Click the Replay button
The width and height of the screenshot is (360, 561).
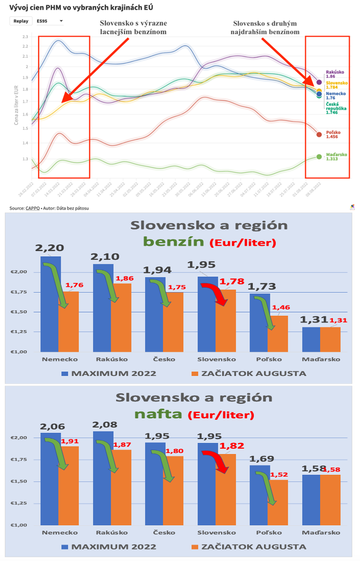[x=21, y=21]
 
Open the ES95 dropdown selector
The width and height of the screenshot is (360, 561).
[x=50, y=21]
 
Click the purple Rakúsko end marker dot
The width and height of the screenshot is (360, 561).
[x=319, y=82]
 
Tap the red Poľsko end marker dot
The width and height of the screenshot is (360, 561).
[x=319, y=134]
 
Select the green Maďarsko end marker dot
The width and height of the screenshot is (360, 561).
[x=319, y=157]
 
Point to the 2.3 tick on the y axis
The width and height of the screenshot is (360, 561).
[x=25, y=37]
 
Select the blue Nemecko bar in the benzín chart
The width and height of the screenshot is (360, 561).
[x=50, y=304]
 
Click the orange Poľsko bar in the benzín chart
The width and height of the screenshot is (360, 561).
[x=278, y=333]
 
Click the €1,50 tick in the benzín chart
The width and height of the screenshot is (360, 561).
[x=20, y=312]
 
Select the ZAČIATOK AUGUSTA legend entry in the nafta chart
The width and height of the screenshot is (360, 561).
[x=248, y=547]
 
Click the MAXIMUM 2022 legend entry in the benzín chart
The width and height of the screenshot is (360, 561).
[x=108, y=373]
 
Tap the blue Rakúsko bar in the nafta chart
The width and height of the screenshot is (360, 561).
[x=102, y=478]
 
